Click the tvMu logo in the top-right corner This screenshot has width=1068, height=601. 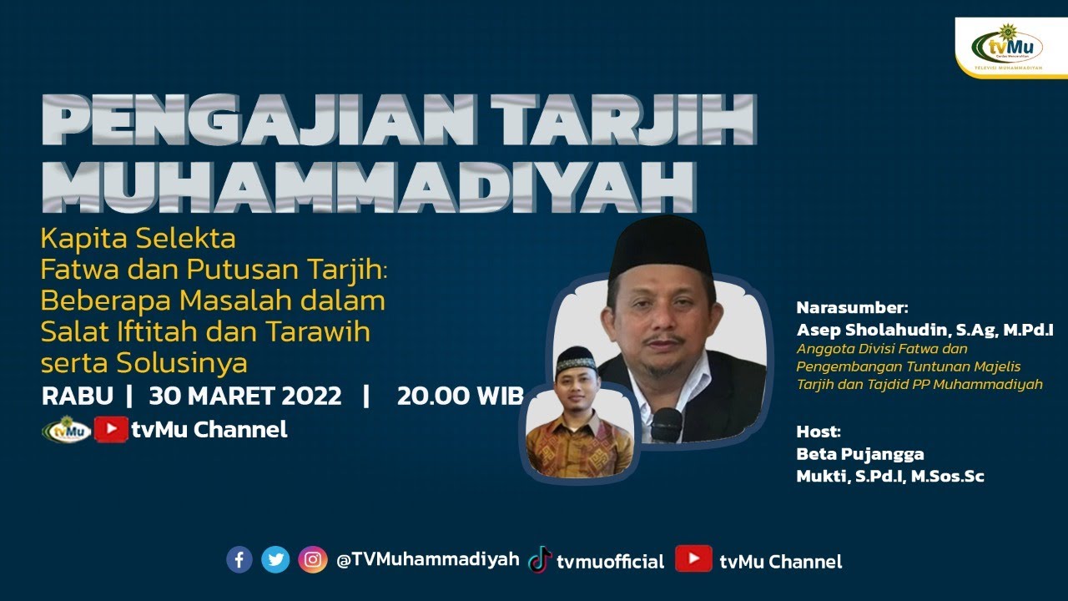click(1008, 46)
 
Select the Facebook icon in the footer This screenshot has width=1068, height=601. click(239, 559)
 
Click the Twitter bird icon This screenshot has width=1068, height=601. click(275, 559)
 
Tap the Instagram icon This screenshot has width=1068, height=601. click(312, 559)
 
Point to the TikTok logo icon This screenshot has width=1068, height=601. click(540, 560)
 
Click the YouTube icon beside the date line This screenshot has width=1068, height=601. click(110, 430)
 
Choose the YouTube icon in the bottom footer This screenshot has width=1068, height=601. click(693, 559)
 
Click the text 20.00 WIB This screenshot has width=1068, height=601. click(460, 396)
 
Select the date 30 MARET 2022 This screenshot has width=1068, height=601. click(245, 396)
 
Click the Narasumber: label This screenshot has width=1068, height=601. click(851, 307)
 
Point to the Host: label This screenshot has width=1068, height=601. click(819, 432)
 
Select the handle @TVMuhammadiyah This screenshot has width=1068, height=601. click(428, 559)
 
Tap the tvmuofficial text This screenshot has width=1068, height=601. click(610, 561)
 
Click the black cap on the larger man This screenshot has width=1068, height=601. click(661, 245)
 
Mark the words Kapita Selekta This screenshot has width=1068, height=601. click(139, 239)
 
